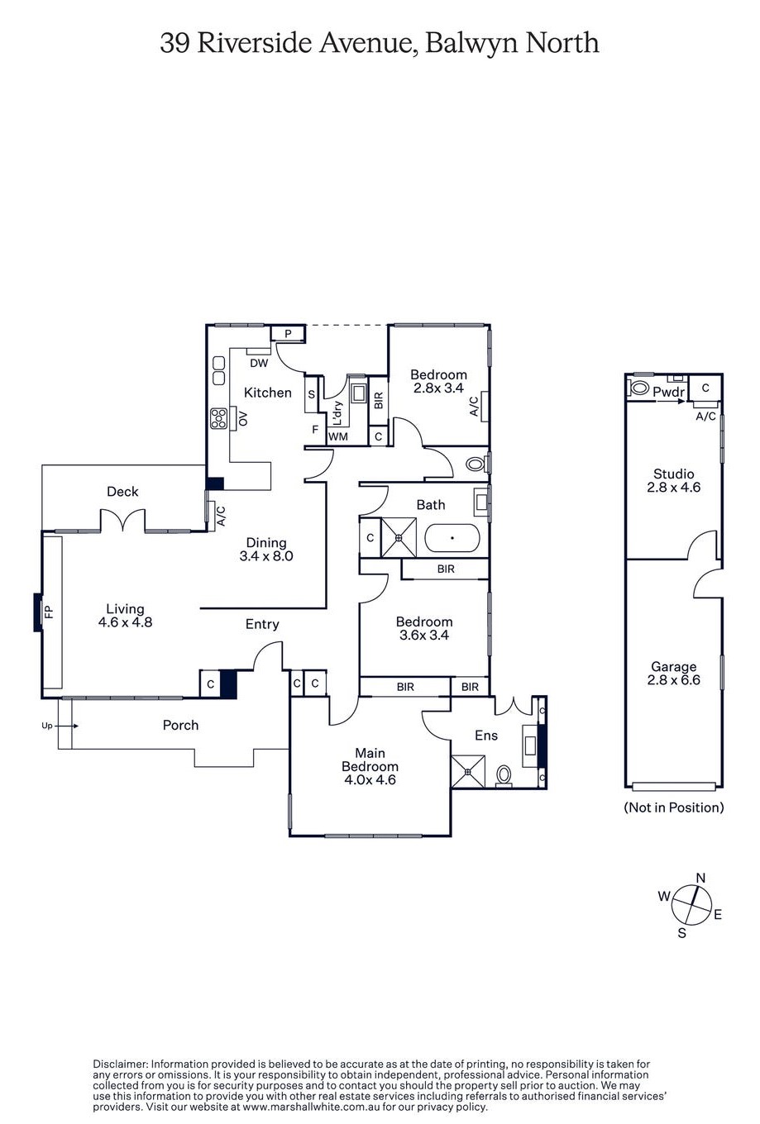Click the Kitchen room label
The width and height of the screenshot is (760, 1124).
pyautogui.click(x=267, y=393)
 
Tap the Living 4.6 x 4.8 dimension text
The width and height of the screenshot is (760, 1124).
pyautogui.click(x=125, y=622)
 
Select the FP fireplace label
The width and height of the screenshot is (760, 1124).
pyautogui.click(x=49, y=612)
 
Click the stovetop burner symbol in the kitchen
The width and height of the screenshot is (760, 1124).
pyautogui.click(x=218, y=418)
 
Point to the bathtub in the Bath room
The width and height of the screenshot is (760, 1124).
pyautogui.click(x=452, y=538)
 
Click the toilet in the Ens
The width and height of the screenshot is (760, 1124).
pyautogui.click(x=503, y=774)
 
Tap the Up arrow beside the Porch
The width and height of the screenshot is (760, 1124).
pyautogui.click(x=69, y=726)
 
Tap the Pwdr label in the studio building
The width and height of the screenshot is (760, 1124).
pyautogui.click(x=669, y=392)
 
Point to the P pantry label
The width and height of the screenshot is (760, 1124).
pyautogui.click(x=288, y=334)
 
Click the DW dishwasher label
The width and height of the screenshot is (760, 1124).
pyautogui.click(x=259, y=363)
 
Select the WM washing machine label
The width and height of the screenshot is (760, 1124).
pyautogui.click(x=338, y=436)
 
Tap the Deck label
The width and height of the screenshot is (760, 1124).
pyautogui.click(x=122, y=491)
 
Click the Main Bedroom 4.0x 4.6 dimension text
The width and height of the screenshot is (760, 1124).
pyautogui.click(x=370, y=780)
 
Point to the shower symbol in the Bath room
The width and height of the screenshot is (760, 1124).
pyautogui.click(x=399, y=537)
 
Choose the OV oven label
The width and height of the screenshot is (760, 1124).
pyautogui.click(x=243, y=418)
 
